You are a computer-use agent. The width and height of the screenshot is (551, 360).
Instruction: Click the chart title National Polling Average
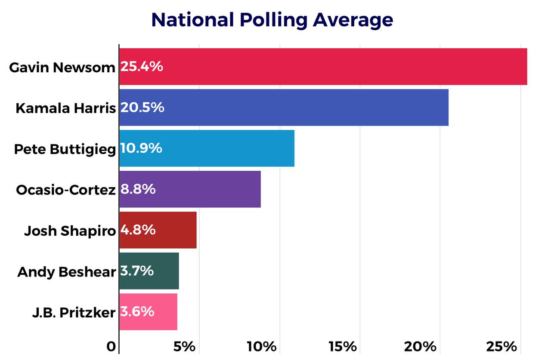point(272,20)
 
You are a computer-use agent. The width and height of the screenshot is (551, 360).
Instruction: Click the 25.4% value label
point(142,67)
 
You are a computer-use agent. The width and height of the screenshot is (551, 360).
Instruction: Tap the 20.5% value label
point(142,108)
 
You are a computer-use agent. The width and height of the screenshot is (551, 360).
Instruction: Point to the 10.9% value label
point(141,148)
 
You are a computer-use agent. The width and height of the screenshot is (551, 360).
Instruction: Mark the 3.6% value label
point(137,312)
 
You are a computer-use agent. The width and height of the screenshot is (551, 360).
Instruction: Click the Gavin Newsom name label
point(62,68)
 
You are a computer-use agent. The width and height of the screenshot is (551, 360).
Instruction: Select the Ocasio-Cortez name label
point(66,190)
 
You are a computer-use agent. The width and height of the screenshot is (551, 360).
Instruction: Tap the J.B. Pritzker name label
point(74,313)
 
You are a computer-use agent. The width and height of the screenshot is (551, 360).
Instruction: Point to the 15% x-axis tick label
point(343,346)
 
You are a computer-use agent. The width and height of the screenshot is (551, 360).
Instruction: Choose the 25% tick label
point(501,346)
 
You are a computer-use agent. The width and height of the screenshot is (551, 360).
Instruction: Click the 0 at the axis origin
point(111,347)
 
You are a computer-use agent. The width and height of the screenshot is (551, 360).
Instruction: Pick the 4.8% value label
point(138,230)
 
